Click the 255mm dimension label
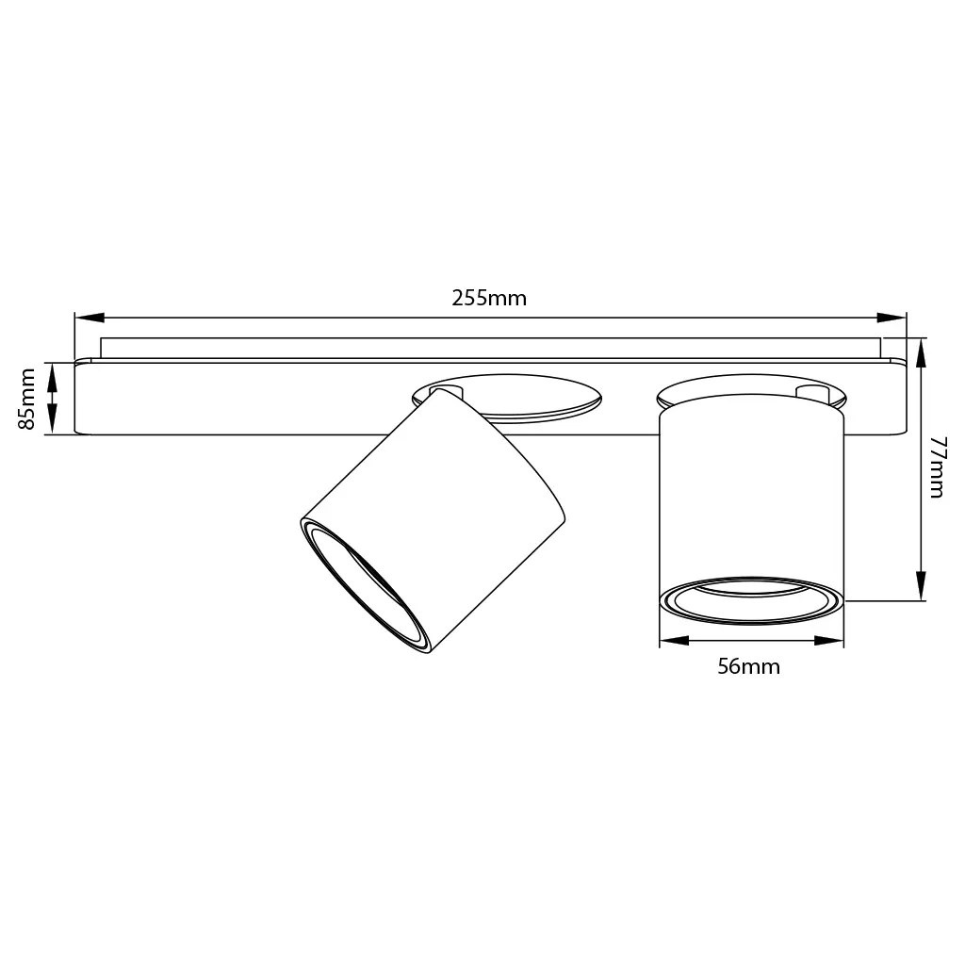489,299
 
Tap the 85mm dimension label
26,399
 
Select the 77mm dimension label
938,467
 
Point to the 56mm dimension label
749,666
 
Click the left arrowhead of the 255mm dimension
90,318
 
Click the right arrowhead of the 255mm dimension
891,318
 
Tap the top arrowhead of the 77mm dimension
921,353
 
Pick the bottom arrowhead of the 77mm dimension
921,585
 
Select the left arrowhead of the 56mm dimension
674,641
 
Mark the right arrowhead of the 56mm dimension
829,641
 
